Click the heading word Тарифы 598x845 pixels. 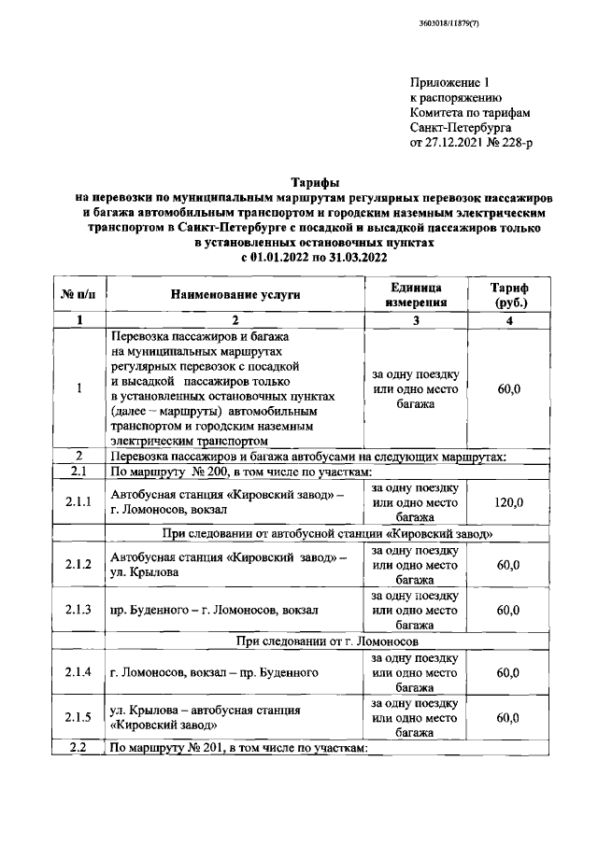coord(314,182)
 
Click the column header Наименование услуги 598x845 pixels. coord(235,294)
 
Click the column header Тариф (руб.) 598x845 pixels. coord(508,294)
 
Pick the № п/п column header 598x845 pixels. coord(78,294)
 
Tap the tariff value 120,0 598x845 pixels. coord(508,502)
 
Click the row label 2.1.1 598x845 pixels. coord(78,502)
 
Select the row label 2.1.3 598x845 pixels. coord(78,610)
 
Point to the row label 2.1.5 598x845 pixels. coord(78,717)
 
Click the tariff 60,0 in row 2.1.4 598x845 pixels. coord(508,671)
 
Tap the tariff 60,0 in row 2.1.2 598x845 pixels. coord(508,564)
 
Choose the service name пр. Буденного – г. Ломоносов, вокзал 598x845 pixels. coord(214,610)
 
